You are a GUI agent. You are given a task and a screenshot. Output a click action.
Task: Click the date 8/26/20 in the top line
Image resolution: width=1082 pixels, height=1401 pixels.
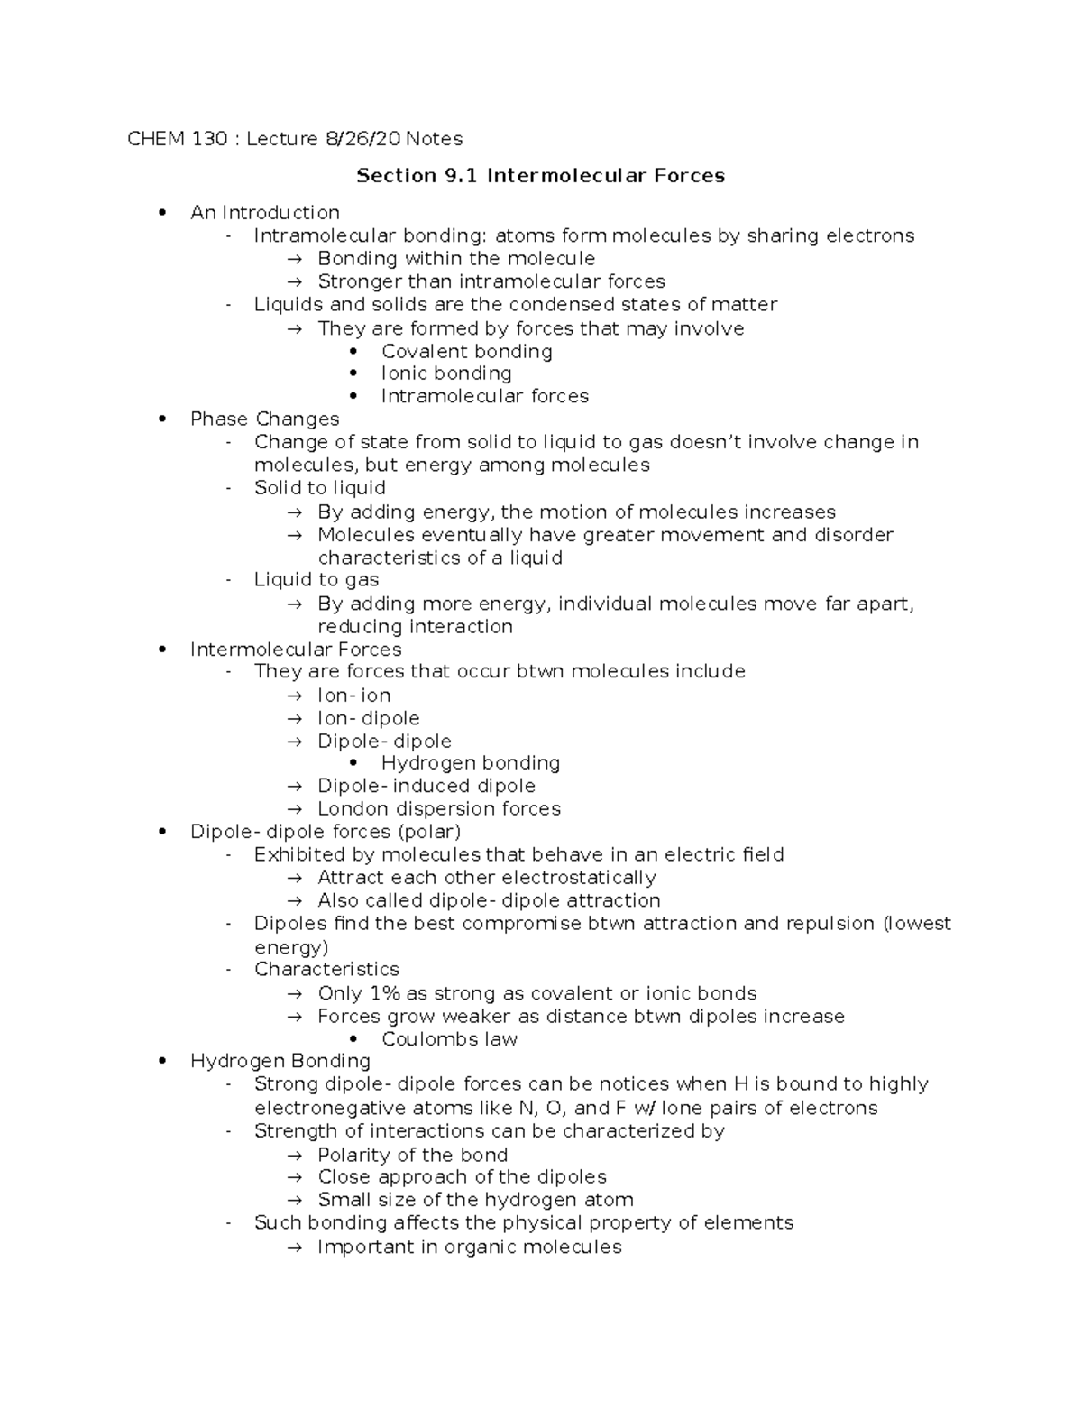point(363,139)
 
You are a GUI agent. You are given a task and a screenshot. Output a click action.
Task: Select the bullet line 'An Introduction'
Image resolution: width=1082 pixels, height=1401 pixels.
point(264,213)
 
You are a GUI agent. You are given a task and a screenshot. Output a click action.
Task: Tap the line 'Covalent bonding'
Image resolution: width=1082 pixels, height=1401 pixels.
point(466,352)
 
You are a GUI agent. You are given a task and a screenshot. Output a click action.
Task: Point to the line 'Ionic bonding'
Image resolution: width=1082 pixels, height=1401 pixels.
point(445,373)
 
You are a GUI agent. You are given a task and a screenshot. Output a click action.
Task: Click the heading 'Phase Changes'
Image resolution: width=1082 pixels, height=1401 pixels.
point(264,419)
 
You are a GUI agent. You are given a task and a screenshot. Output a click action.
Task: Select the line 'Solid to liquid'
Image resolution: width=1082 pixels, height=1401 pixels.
point(319,488)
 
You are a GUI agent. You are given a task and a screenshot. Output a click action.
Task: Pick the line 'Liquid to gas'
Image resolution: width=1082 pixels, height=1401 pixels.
point(316,580)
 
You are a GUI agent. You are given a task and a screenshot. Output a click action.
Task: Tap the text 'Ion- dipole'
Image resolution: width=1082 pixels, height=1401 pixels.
point(368,719)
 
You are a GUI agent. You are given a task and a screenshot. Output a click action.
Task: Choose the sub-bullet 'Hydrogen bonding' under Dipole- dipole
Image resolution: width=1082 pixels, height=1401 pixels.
point(470,763)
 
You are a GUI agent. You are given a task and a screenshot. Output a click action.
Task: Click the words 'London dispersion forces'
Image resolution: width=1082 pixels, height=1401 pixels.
point(438,809)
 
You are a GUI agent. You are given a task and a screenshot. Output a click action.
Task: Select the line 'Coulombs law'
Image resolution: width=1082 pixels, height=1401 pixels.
point(449,1039)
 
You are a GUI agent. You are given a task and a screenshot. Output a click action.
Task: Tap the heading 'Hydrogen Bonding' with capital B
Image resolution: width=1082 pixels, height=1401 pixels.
point(280,1062)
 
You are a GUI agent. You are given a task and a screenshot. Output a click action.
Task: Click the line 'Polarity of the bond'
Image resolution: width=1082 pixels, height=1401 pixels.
point(412,1156)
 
